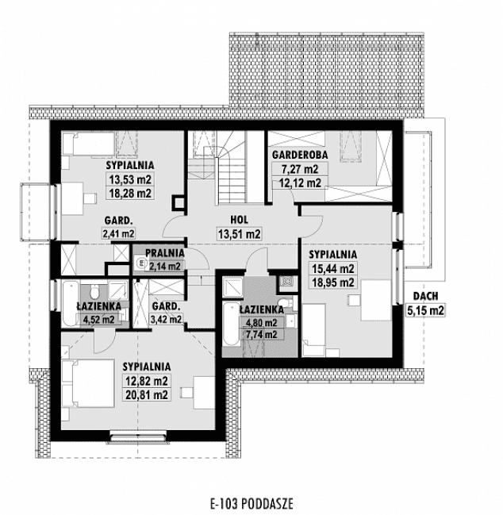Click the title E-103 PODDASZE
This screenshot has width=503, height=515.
click(251, 502)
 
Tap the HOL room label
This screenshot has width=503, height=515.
click(239, 220)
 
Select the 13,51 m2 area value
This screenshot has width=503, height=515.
click(239, 234)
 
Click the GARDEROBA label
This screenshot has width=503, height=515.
click(295, 155)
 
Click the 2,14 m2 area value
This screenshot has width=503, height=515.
click(164, 266)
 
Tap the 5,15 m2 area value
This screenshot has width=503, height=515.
click(424, 311)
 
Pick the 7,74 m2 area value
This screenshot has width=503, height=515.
click(259, 335)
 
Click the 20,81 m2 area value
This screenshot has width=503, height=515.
click(147, 394)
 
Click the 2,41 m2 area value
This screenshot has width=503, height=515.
click(117, 233)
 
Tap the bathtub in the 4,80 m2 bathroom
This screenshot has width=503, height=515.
click(229, 325)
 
